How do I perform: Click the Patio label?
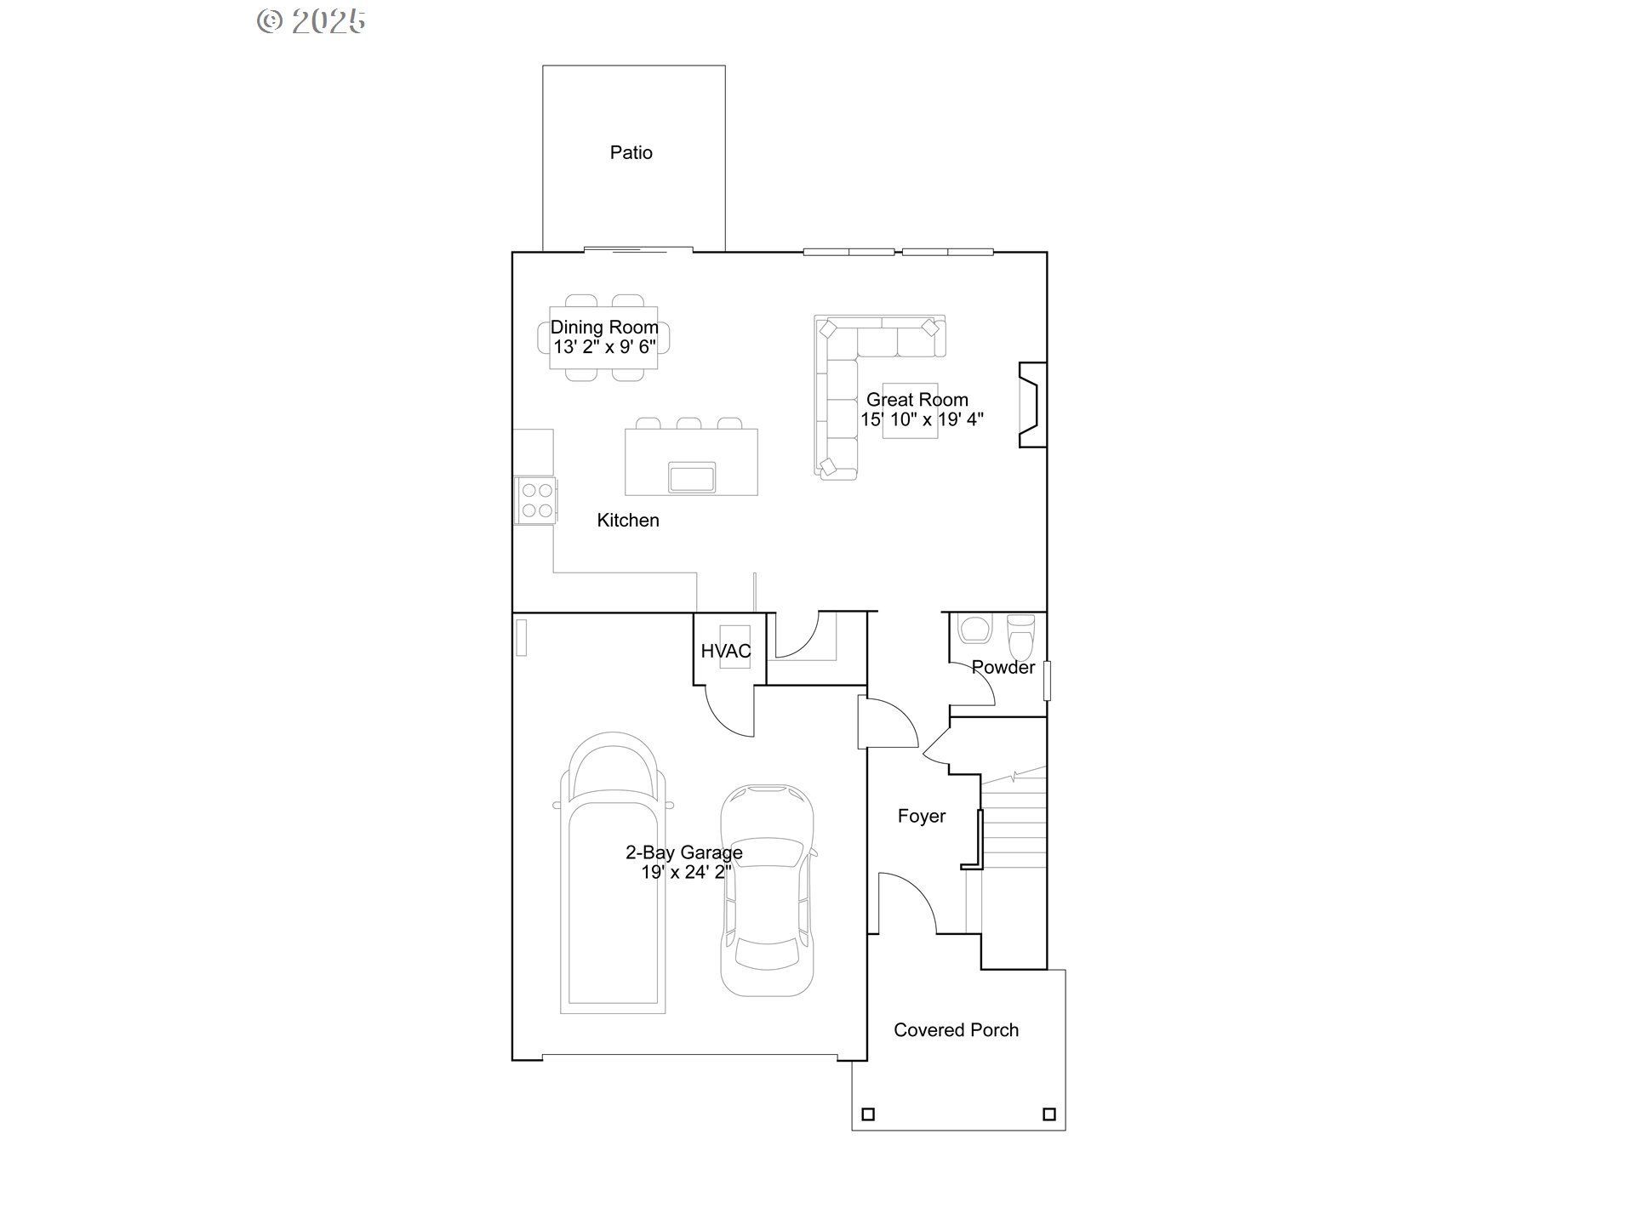(x=631, y=153)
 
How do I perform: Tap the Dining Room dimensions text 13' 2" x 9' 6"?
(x=604, y=347)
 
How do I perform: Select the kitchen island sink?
(x=692, y=477)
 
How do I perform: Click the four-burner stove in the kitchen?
(x=536, y=500)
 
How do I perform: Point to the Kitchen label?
(x=628, y=521)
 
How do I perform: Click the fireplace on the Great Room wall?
(x=1033, y=405)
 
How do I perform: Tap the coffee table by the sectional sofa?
(x=910, y=411)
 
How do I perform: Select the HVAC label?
(x=726, y=652)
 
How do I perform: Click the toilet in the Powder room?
(x=1020, y=631)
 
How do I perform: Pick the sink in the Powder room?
(x=974, y=629)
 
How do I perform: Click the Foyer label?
(x=922, y=817)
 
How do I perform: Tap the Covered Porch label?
(x=956, y=1030)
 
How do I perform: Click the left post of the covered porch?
(x=868, y=1114)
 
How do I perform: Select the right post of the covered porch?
(x=1049, y=1114)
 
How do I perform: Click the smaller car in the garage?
(x=768, y=890)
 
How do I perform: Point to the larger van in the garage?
(x=613, y=873)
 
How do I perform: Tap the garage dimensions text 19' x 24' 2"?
(x=686, y=872)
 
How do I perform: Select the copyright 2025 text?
(x=311, y=21)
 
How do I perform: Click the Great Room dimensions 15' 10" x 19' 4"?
(x=922, y=419)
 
